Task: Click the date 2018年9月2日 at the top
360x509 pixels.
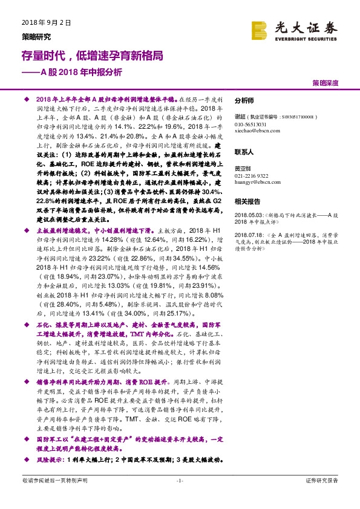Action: click(42, 22)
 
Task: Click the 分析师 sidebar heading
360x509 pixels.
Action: click(244, 101)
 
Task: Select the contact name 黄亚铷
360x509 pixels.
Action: click(242, 170)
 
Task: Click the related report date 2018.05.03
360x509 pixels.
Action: click(248, 215)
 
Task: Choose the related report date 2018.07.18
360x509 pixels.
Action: click(248, 235)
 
